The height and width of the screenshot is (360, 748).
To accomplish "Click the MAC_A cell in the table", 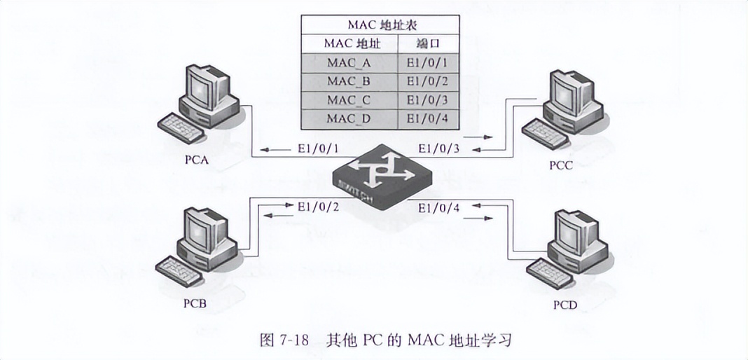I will (x=348, y=62).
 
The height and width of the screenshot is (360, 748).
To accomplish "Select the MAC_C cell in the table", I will (x=348, y=99).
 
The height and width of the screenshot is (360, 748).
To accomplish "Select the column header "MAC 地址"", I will (x=348, y=43).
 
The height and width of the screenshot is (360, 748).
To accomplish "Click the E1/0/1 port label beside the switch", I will (x=317, y=148).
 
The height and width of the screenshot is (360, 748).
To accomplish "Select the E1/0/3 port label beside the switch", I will (x=439, y=148).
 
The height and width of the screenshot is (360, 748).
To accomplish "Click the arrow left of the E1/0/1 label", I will (x=275, y=148).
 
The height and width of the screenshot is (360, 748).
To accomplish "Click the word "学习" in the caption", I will (x=497, y=340).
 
